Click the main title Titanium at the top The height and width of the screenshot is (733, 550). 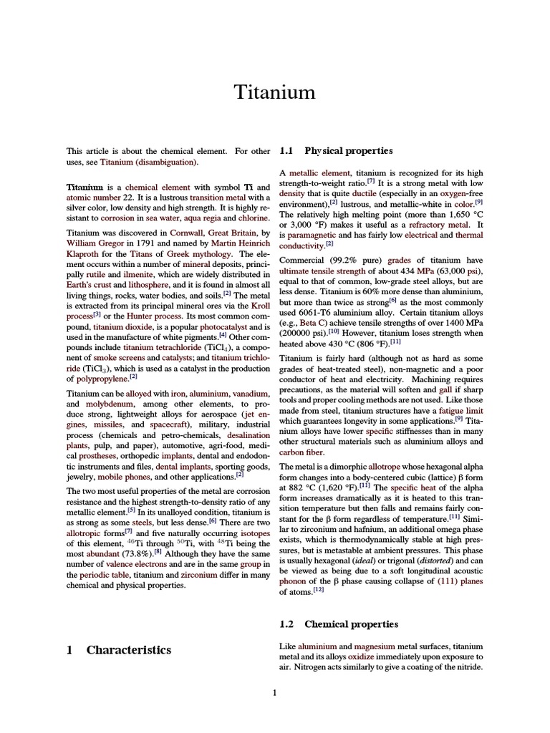[x=275, y=92]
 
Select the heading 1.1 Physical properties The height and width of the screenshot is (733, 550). [x=336, y=151]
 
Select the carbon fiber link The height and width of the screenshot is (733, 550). [x=301, y=452]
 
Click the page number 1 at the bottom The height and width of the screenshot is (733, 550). [x=274, y=692]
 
